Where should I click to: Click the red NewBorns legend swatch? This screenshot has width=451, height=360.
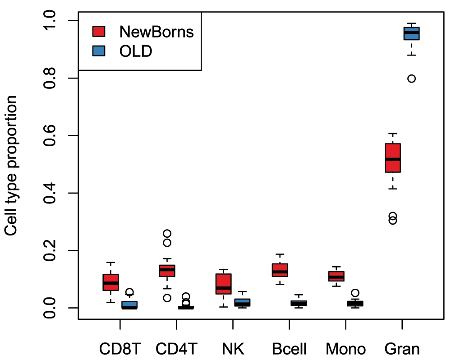[99, 32]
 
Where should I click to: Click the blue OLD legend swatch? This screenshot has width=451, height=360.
[99, 51]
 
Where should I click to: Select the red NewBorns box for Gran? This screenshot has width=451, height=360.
[393, 158]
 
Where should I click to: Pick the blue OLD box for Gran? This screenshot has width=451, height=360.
[411, 33]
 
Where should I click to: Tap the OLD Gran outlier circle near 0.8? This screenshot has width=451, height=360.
[411, 78]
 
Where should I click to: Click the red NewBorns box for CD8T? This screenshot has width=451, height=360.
[111, 282]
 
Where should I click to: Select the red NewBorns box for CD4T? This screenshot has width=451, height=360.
[167, 271]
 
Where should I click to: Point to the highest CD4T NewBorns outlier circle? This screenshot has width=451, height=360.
[167, 233]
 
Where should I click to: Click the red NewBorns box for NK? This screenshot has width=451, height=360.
[224, 284]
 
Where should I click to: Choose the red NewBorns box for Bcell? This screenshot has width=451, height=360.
[280, 270]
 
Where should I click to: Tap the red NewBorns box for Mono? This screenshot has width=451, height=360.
[336, 276]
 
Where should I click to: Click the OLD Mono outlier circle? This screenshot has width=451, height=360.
[355, 293]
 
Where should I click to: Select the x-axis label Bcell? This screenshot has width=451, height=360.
[290, 349]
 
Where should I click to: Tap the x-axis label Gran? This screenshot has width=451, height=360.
[402, 349]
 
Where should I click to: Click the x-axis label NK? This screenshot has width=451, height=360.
[233, 349]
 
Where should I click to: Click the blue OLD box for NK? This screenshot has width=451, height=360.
[242, 302]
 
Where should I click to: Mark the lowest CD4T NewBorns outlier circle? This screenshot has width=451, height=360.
[167, 298]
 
